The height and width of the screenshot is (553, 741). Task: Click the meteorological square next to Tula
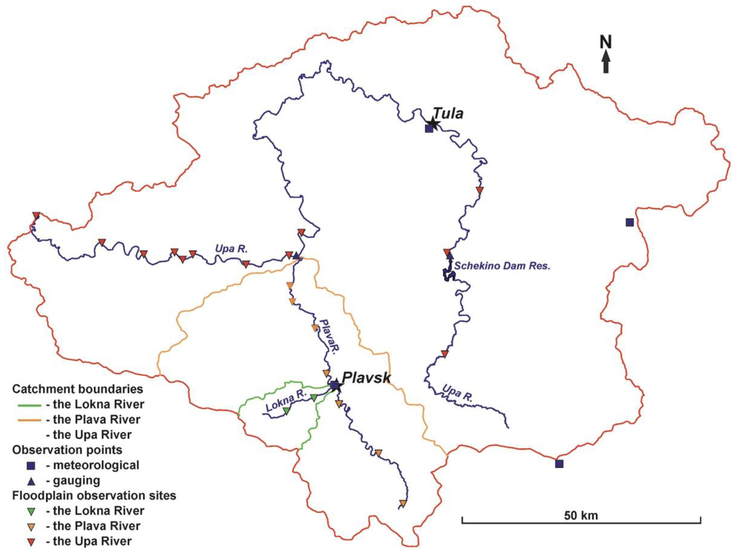[x=429, y=129]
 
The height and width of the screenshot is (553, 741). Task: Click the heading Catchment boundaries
[x=78, y=389]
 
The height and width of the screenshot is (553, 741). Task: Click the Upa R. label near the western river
[x=231, y=249]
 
